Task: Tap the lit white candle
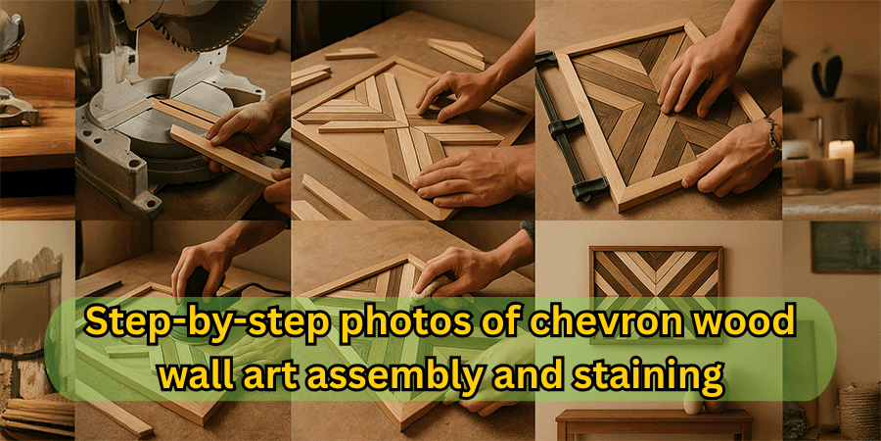[841, 161]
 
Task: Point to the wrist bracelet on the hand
[773, 133]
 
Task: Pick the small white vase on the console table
[693, 403]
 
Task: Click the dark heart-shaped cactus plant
[828, 73]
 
